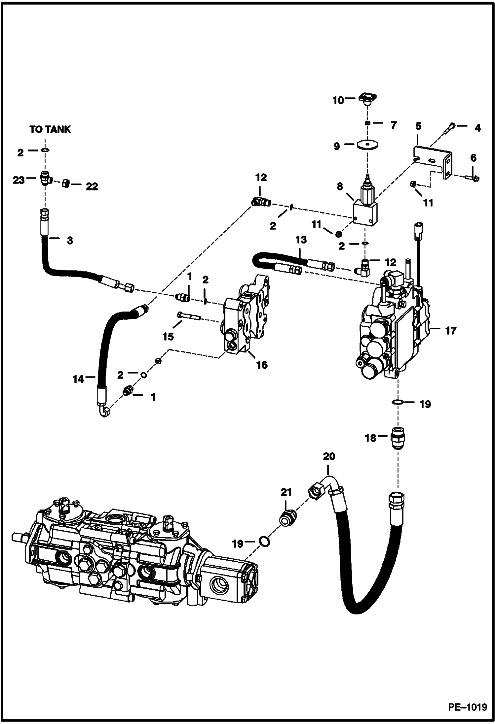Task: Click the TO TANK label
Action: tap(50, 129)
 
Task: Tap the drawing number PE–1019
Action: tap(467, 707)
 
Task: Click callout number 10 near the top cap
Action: tap(338, 100)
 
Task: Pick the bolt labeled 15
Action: tap(188, 316)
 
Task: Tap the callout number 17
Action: tap(451, 330)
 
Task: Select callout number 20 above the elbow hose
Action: tap(329, 457)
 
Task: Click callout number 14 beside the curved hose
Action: tap(79, 379)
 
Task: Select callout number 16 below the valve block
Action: tap(262, 365)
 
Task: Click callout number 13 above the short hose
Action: tap(301, 240)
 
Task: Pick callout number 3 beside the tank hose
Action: tap(70, 241)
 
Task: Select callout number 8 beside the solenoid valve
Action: tap(340, 186)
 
